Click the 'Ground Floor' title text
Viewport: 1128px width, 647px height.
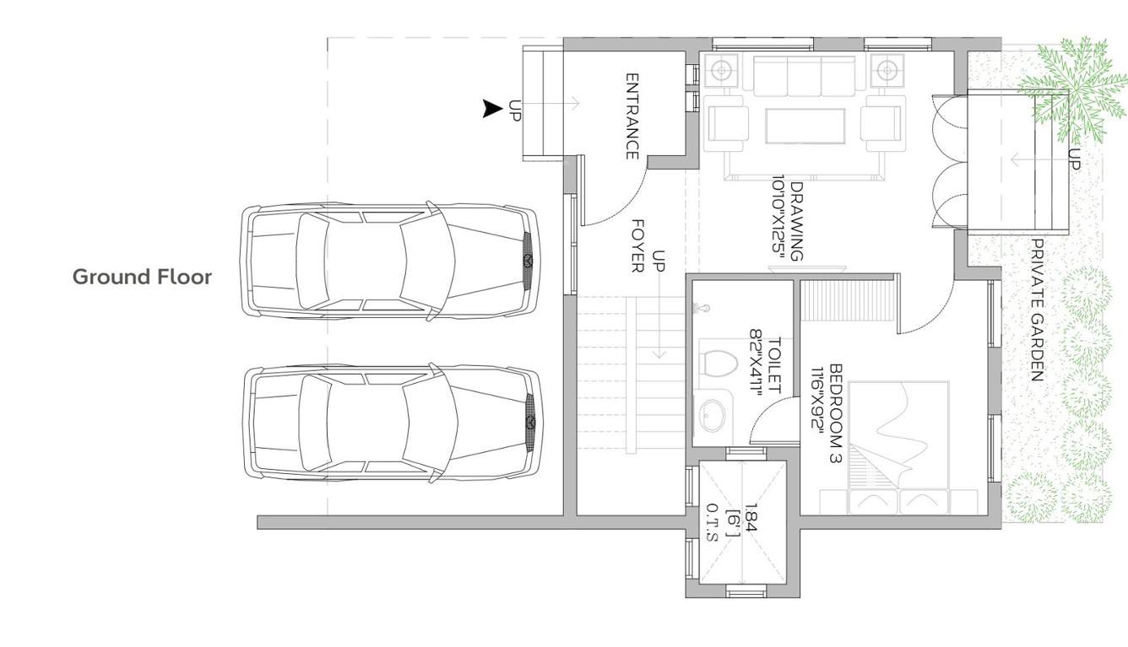(142, 277)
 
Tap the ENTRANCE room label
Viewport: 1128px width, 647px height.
(632, 116)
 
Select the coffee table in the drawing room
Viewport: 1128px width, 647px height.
(805, 127)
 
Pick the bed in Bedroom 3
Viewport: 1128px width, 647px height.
(899, 447)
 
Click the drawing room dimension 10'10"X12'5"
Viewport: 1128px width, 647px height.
(778, 218)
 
